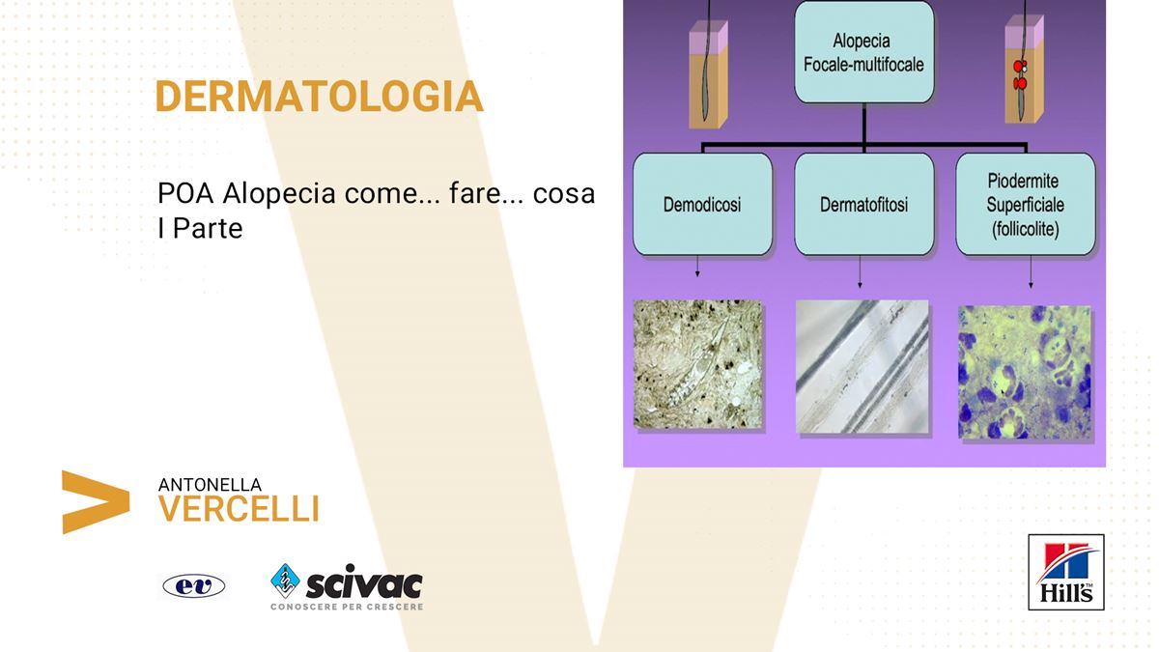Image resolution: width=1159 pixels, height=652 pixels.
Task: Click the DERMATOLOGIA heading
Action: coord(320,97)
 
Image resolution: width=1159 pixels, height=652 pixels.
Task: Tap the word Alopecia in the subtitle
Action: coord(279,193)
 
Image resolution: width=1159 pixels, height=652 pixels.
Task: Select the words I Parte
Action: coord(200,228)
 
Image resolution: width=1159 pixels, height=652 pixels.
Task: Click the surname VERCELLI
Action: coord(239,509)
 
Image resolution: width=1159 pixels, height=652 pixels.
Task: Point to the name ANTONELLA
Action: coord(210,485)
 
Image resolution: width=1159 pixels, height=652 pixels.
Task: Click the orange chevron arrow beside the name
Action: coord(96,502)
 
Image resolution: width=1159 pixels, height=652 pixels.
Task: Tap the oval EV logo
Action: coord(194,586)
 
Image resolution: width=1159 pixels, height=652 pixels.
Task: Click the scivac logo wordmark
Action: coord(364,583)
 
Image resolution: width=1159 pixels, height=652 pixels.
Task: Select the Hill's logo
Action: coord(1066,572)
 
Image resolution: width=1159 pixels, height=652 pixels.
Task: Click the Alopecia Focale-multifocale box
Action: coord(864,52)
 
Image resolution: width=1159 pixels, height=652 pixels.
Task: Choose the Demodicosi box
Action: coord(703,205)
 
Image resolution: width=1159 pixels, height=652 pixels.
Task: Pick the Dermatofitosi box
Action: coord(864,205)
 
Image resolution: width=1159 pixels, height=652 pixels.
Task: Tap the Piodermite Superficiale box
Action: coord(1026,205)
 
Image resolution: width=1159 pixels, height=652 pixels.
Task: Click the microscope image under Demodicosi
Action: coord(698,364)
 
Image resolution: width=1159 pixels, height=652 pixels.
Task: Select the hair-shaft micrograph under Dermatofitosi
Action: coord(862,366)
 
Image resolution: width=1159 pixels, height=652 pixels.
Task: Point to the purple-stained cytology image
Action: coord(1025,372)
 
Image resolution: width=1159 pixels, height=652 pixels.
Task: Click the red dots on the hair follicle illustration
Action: coord(1020,75)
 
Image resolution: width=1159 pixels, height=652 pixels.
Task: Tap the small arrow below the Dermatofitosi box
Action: coord(860,271)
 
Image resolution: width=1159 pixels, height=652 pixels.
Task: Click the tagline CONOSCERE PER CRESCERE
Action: coord(347,607)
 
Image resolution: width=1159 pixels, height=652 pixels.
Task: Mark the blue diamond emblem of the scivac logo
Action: coord(285,581)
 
